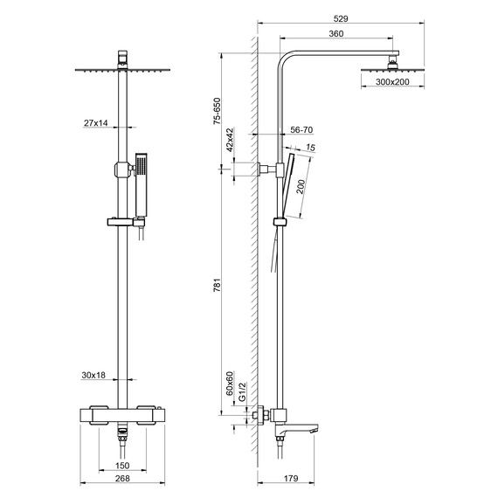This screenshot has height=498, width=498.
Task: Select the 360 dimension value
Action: [x=336, y=33]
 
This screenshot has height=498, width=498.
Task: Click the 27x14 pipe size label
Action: [x=97, y=124]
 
